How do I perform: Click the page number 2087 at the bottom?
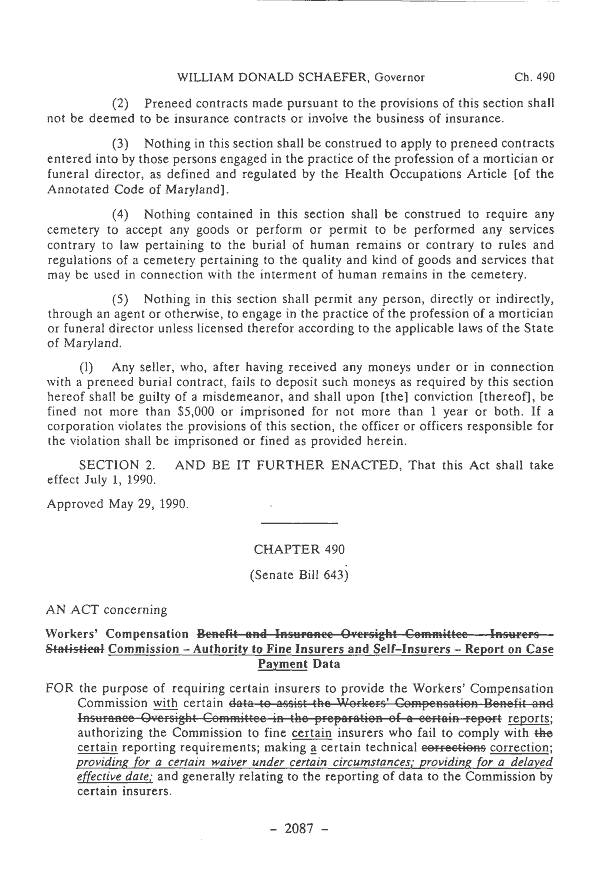[299, 858]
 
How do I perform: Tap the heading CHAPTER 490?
[299, 549]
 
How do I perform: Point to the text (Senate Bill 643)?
[299, 576]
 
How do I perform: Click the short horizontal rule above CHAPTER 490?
[299, 523]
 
